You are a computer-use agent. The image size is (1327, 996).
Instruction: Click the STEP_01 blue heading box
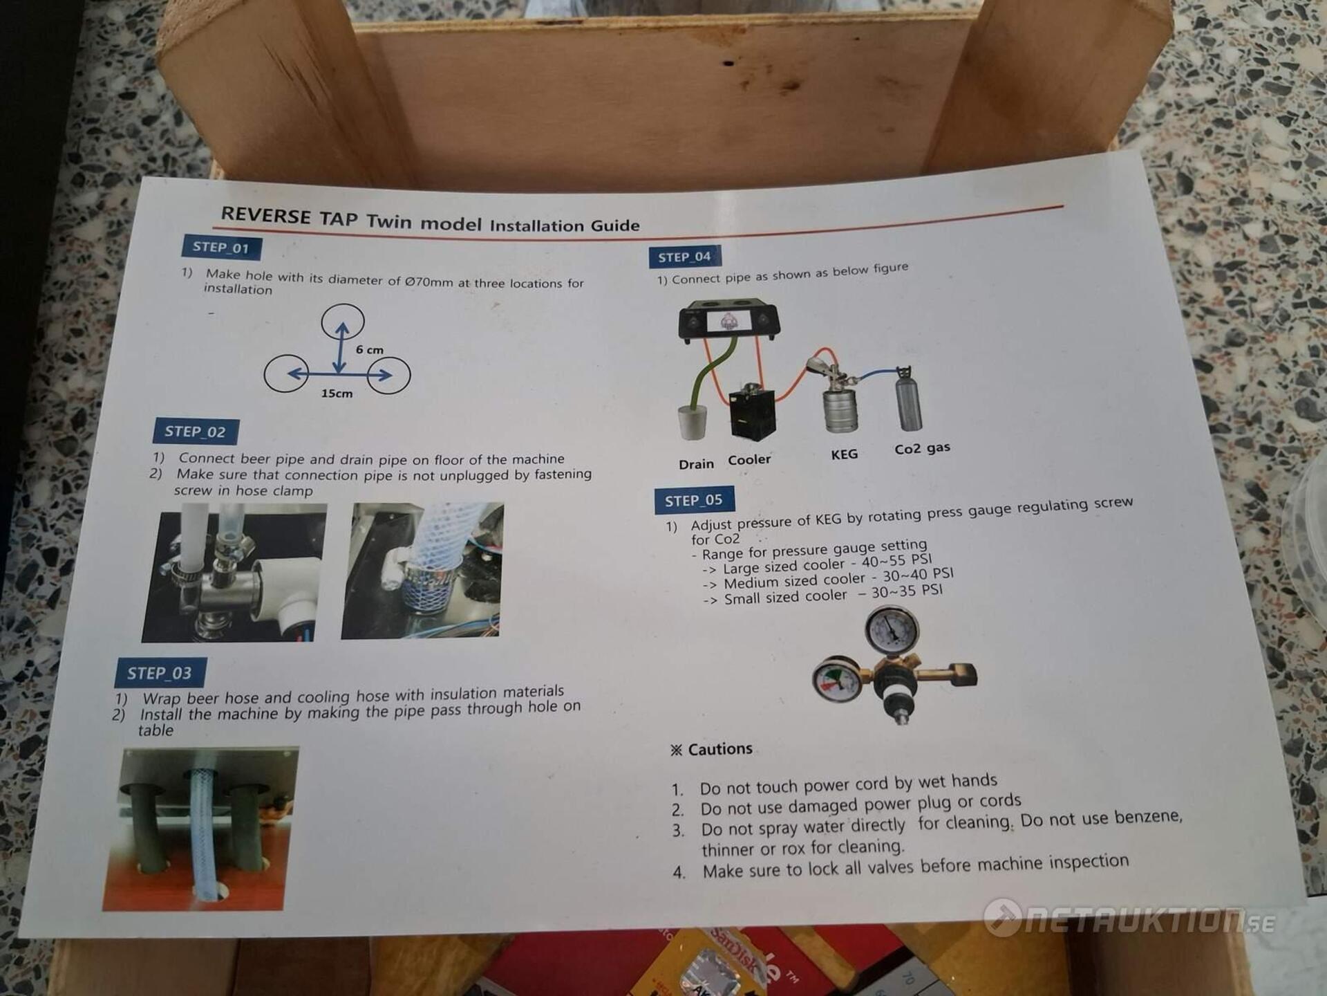pyautogui.click(x=221, y=248)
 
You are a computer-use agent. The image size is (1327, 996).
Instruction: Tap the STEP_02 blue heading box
pyautogui.click(x=196, y=432)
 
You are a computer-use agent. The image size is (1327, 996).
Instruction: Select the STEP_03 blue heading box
pyautogui.click(x=160, y=672)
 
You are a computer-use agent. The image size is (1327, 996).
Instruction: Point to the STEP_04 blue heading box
pyautogui.click(x=684, y=257)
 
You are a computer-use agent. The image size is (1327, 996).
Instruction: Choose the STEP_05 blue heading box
pyautogui.click(x=694, y=500)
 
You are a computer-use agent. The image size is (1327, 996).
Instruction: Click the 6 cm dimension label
pyautogui.click(x=370, y=350)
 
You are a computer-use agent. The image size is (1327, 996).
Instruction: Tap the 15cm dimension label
pyautogui.click(x=337, y=394)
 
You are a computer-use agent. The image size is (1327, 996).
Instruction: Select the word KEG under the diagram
pyautogui.click(x=845, y=454)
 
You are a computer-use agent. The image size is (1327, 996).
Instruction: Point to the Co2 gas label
pyautogui.click(x=922, y=448)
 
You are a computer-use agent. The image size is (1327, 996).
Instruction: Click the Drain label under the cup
pyautogui.click(x=696, y=464)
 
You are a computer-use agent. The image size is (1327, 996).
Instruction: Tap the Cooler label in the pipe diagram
pyautogui.click(x=749, y=460)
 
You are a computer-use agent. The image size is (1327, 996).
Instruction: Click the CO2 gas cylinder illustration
pyautogui.click(x=907, y=398)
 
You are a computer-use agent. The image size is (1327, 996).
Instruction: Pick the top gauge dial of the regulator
pyautogui.click(x=892, y=629)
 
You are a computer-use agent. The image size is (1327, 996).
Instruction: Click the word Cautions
pyautogui.click(x=720, y=749)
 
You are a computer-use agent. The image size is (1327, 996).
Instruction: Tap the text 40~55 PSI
pyautogui.click(x=897, y=561)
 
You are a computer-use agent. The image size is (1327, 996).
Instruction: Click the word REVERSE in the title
pyautogui.click(x=266, y=215)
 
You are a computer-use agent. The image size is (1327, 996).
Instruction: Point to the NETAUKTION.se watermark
pyautogui.click(x=1130, y=919)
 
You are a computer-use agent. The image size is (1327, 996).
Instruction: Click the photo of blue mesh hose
pyautogui.click(x=422, y=570)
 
